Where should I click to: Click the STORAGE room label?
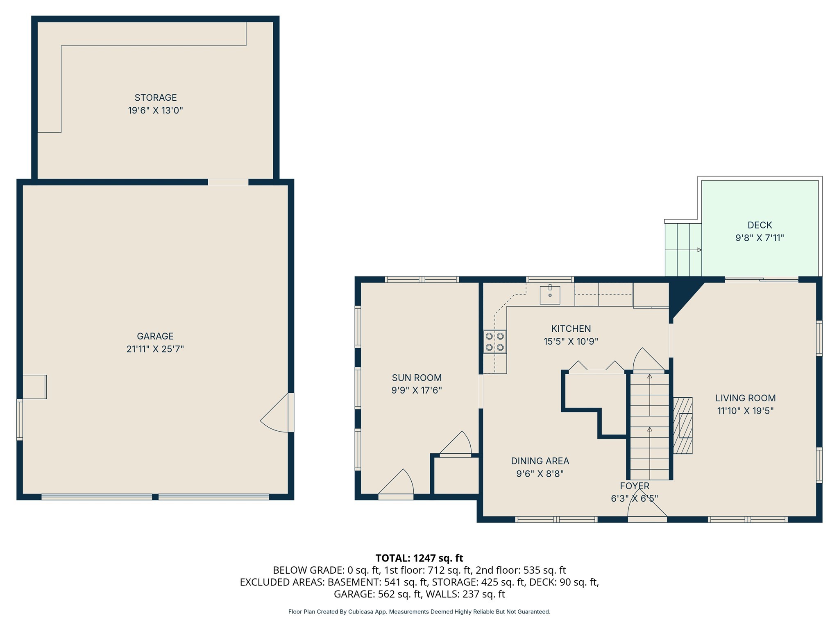pos(156,97)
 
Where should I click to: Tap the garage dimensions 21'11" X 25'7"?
pos(155,349)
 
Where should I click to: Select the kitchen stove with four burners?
pos(494,342)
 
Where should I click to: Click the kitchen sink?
pos(550,295)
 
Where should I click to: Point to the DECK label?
pos(760,225)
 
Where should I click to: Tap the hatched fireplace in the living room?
pos(683,425)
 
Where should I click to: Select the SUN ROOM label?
pos(417,378)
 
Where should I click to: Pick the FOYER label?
pos(635,486)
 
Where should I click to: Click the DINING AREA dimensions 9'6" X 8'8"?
pos(540,474)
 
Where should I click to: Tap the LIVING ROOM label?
pos(745,398)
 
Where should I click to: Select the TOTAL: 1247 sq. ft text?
pos(419,558)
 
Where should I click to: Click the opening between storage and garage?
pos(228,182)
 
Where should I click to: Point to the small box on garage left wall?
pos(34,387)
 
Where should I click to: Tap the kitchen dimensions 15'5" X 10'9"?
pos(571,341)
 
